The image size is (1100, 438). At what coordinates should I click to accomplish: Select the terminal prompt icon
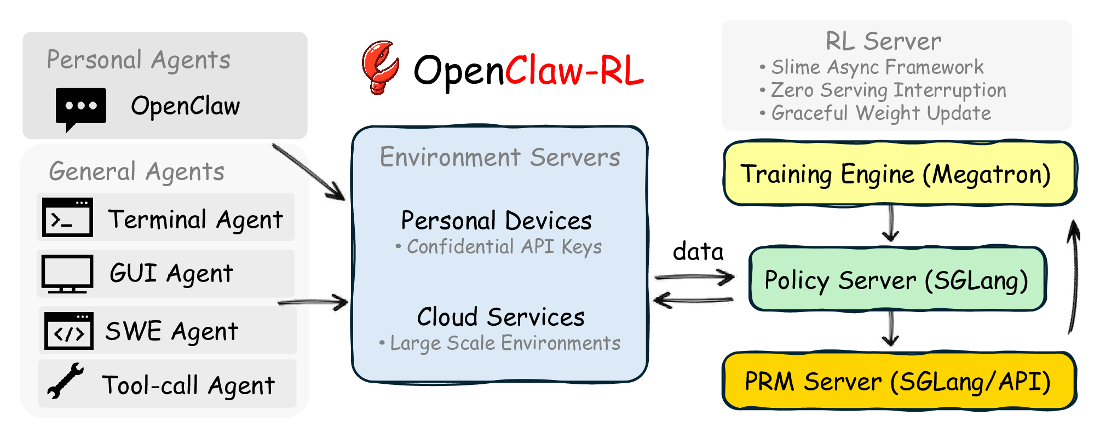click(67, 217)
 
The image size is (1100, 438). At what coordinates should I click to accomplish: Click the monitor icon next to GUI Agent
click(67, 274)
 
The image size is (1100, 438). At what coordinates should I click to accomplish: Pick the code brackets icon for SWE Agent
click(68, 331)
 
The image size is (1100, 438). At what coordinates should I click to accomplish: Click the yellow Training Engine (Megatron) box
click(900, 174)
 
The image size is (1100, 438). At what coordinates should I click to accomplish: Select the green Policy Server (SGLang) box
click(897, 279)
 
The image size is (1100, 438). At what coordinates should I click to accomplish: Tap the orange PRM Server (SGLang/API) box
click(900, 381)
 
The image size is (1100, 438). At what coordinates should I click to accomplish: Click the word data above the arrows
click(698, 251)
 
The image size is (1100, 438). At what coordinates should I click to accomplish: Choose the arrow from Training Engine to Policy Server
click(891, 223)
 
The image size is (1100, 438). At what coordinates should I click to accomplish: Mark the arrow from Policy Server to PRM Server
click(891, 328)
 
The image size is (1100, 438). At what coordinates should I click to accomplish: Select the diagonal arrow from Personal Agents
click(309, 172)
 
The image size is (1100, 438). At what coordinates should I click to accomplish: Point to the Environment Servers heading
click(500, 157)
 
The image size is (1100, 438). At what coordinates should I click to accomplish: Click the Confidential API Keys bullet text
click(499, 247)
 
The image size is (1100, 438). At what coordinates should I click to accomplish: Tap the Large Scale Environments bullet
click(500, 343)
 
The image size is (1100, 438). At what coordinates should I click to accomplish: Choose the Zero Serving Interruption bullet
click(883, 90)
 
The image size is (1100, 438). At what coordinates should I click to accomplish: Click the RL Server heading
click(883, 41)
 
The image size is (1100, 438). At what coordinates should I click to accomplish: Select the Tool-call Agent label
click(188, 385)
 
